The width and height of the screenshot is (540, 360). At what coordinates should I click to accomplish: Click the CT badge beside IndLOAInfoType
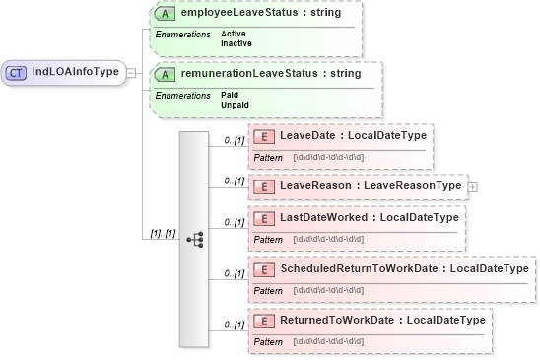[18, 72]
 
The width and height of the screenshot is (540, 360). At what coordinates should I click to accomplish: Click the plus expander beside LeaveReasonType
[472, 185]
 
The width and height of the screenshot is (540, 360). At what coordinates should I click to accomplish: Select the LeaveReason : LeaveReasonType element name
[371, 185]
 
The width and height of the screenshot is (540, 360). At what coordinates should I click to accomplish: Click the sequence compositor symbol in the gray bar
[194, 238]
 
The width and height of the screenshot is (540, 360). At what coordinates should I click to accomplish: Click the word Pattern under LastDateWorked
[268, 239]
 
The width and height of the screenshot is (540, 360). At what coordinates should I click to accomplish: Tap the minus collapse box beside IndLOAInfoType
[131, 72]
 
